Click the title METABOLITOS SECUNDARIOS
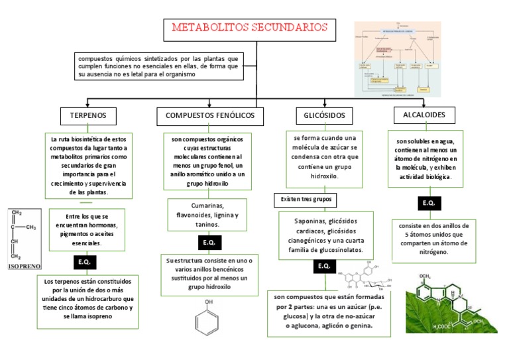[x=250, y=28]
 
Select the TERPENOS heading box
[x=88, y=116]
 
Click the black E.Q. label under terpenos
[x=84, y=263]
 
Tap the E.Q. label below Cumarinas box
[x=209, y=243]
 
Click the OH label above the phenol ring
[x=209, y=302]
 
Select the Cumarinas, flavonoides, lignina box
[x=207, y=215]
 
